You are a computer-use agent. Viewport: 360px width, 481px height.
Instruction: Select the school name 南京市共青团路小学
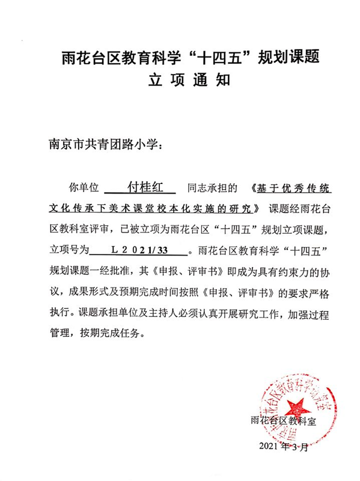(102, 144)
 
